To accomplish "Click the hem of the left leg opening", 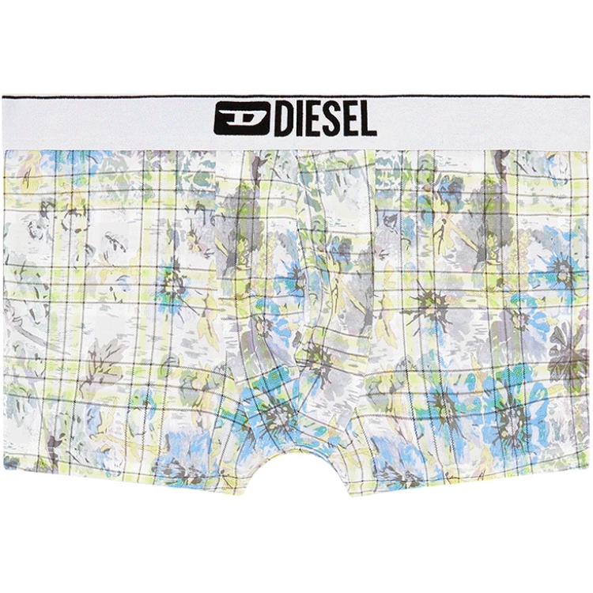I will tap(119, 478).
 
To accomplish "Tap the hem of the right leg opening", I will tap(474, 478).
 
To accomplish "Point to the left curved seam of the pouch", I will tap(237, 316).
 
